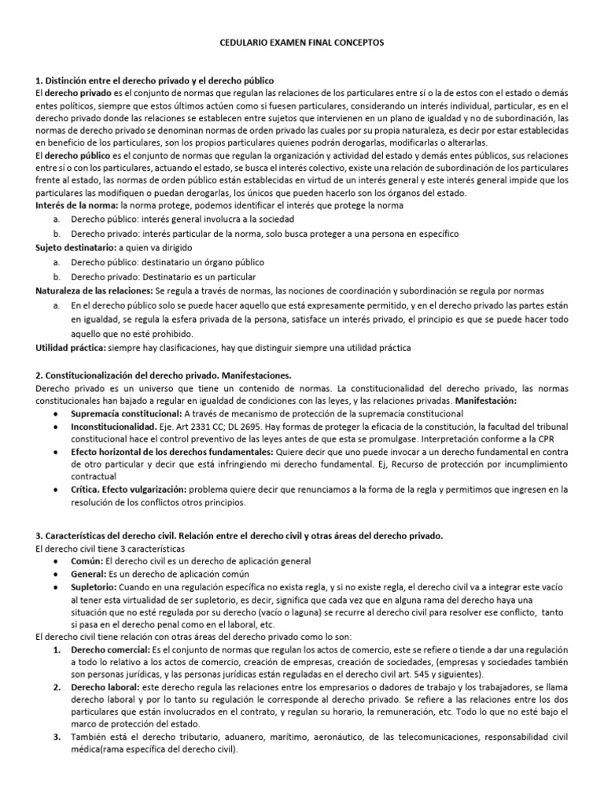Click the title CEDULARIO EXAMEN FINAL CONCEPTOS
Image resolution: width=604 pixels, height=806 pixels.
(x=301, y=46)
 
